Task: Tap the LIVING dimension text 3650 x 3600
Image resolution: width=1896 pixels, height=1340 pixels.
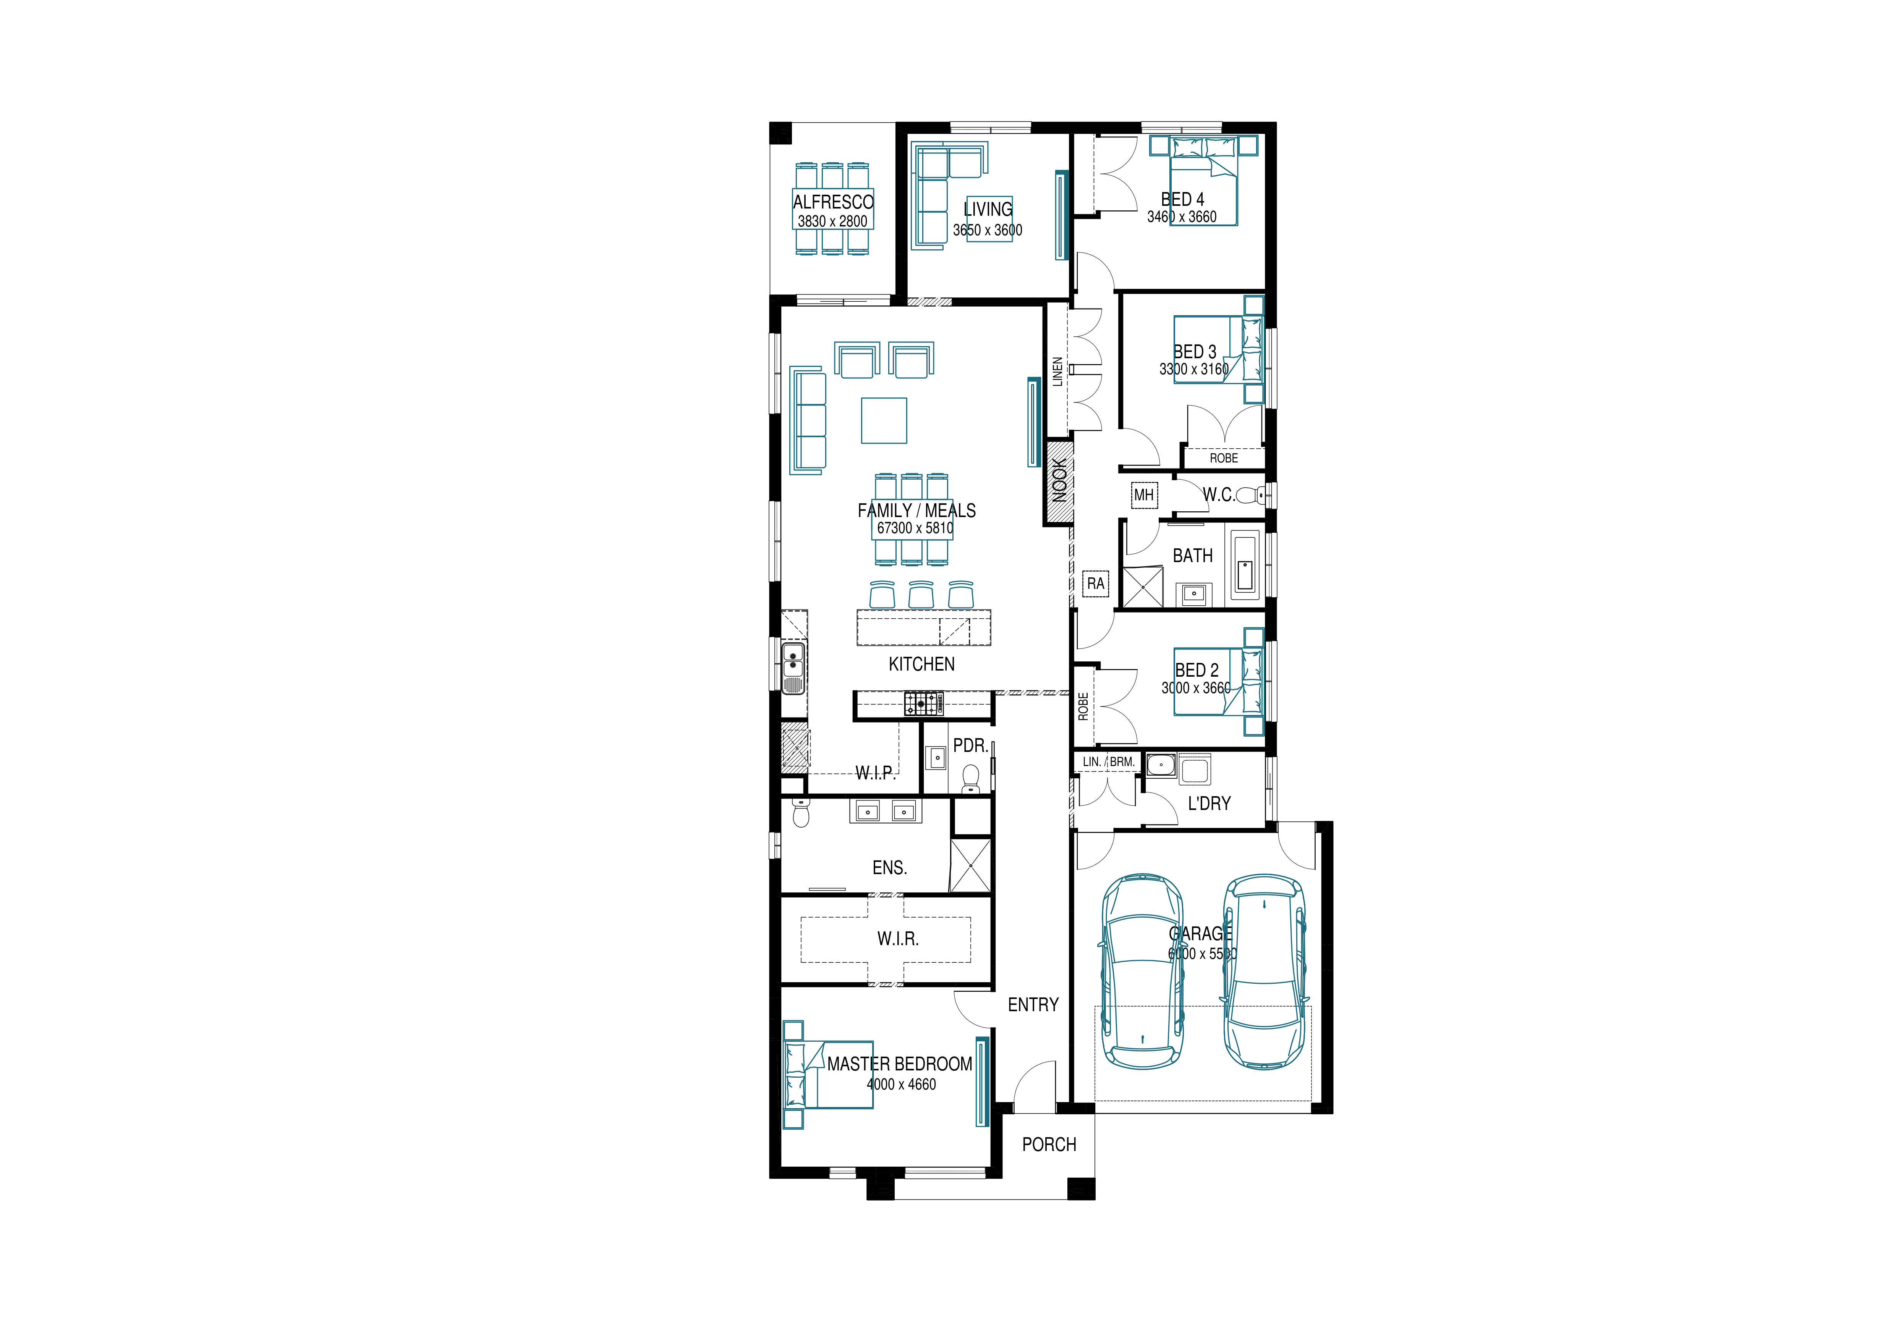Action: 988,230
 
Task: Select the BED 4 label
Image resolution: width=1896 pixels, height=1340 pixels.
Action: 1182,199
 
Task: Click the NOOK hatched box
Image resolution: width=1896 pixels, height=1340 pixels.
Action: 1059,481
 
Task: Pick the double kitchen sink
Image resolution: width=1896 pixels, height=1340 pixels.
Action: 215,667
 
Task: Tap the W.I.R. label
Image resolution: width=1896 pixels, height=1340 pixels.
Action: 898,939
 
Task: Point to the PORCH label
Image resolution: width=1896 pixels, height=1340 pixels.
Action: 1049,1144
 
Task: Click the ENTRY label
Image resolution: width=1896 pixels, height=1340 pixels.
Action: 1033,1005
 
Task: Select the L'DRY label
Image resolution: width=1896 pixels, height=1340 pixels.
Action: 1209,803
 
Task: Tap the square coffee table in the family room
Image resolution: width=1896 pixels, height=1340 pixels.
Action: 884,420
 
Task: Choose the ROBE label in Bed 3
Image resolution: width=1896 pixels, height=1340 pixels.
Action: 1224,458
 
